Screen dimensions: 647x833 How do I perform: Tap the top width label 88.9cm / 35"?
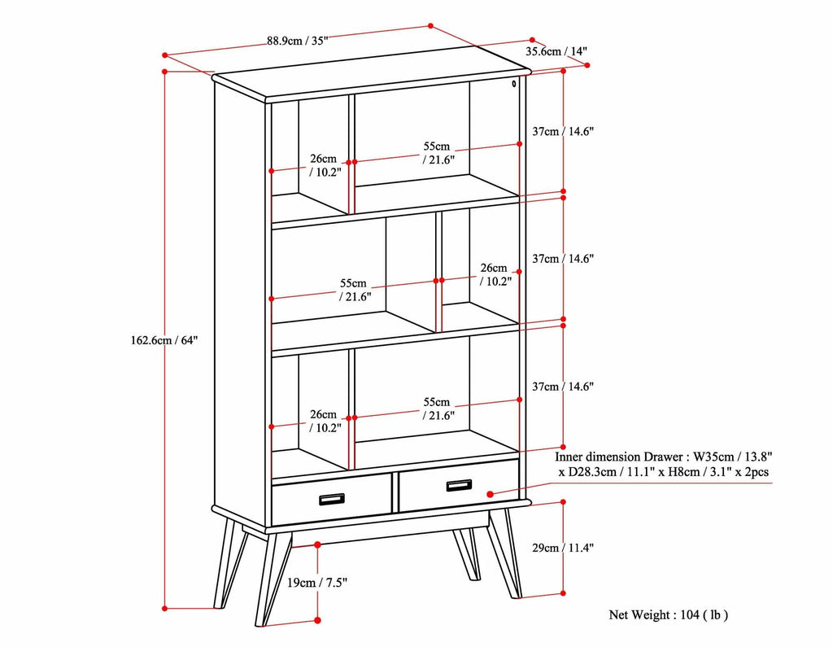tap(296, 42)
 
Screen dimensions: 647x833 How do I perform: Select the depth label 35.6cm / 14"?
tap(556, 51)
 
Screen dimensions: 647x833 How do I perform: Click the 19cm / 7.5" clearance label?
tap(317, 583)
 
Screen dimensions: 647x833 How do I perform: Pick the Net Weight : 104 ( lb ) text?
tap(668, 615)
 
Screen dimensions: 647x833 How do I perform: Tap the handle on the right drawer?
tap(458, 486)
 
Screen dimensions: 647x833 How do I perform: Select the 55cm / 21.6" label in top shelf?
tap(437, 153)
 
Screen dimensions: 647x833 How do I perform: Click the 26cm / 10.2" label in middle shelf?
tap(494, 275)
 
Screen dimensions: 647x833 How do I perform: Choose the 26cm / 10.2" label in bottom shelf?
tap(324, 420)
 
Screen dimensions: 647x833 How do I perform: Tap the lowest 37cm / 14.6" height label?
tap(563, 387)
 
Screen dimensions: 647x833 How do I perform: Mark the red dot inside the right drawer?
tap(490, 493)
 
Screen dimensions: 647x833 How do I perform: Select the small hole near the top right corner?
tap(514, 83)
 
